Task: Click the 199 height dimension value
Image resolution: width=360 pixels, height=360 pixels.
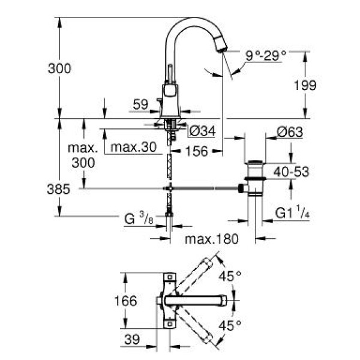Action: [305, 85]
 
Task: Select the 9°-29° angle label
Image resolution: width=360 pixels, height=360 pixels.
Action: [265, 55]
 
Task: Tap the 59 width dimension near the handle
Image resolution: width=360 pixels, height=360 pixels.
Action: [140, 104]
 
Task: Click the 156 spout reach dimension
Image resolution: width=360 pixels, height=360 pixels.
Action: [196, 151]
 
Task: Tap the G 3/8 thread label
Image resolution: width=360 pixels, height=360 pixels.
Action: [136, 219]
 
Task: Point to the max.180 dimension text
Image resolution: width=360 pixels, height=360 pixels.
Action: [211, 239]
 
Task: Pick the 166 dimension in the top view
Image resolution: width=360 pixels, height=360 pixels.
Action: [124, 300]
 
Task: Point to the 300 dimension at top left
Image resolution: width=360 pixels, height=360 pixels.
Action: [59, 68]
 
